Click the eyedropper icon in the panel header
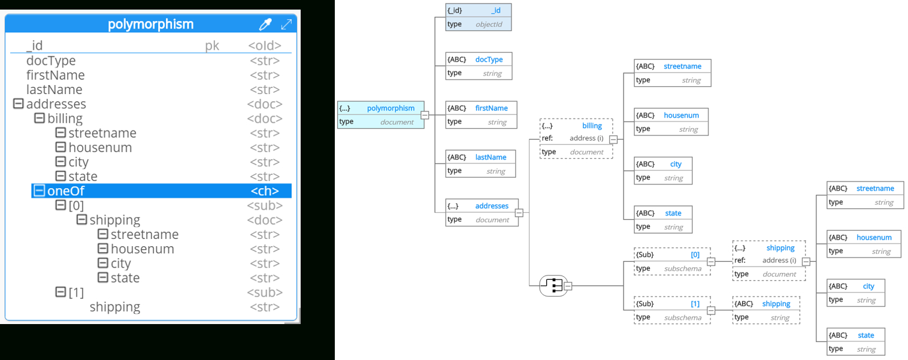[x=265, y=25]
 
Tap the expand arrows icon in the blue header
[x=286, y=25]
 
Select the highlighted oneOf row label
[x=66, y=191]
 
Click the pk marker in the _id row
[x=212, y=46]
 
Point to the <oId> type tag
[x=265, y=46]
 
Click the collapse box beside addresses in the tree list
[x=18, y=104]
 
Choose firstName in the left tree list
[x=55, y=75]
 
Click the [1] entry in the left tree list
[x=76, y=292]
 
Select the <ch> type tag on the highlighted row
[x=265, y=191]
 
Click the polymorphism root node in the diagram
[x=380, y=114]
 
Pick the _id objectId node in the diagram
[x=478, y=17]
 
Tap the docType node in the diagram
[x=478, y=66]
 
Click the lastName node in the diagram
[x=480, y=164]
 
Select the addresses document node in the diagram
[x=482, y=212]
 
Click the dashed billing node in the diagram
[x=576, y=138]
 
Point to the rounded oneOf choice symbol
[x=553, y=286]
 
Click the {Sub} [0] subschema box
[x=671, y=261]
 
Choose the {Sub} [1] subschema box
[x=671, y=310]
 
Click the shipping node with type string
[x=765, y=310]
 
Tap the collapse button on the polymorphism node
[x=425, y=115]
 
